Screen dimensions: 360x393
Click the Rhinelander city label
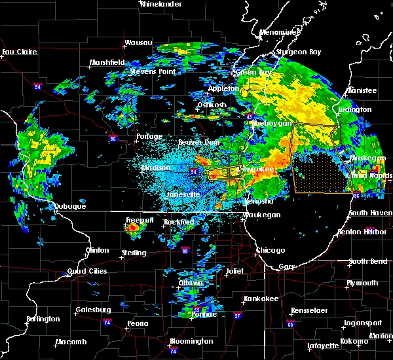(160, 4)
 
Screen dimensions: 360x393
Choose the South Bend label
(366, 262)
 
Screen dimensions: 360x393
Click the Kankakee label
(258, 298)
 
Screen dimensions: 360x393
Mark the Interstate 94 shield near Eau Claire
(37, 86)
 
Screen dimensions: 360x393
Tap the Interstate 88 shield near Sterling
(186, 250)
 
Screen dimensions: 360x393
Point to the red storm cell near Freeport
(133, 229)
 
